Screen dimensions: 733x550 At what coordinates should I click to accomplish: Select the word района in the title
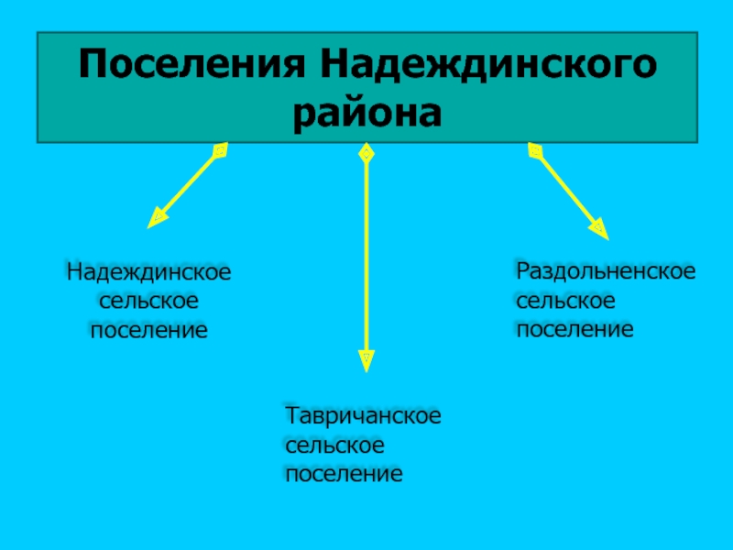click(x=366, y=114)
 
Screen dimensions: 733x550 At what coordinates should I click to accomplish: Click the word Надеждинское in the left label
click(x=148, y=273)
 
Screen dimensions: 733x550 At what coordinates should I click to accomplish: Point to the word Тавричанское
click(x=364, y=417)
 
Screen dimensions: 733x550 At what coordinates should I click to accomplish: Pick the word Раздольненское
click(x=605, y=270)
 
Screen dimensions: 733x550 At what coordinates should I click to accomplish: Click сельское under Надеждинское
click(x=148, y=301)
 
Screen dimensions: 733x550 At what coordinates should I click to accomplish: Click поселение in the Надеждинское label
click(x=148, y=329)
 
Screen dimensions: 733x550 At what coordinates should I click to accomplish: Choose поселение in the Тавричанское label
click(x=344, y=475)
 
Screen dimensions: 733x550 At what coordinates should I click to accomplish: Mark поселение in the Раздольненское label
click(x=574, y=327)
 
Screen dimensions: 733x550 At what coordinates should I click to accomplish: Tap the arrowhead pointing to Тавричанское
click(x=366, y=356)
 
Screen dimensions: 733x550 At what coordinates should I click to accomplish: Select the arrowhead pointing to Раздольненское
click(x=597, y=226)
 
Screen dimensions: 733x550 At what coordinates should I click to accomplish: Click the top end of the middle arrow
click(x=366, y=153)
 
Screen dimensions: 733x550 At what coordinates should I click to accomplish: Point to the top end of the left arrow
click(x=219, y=149)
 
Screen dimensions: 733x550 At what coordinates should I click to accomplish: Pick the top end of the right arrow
click(x=534, y=149)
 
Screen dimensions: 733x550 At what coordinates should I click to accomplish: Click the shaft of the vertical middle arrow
click(x=366, y=257)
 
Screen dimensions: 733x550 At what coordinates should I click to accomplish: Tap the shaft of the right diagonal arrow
click(x=565, y=187)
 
